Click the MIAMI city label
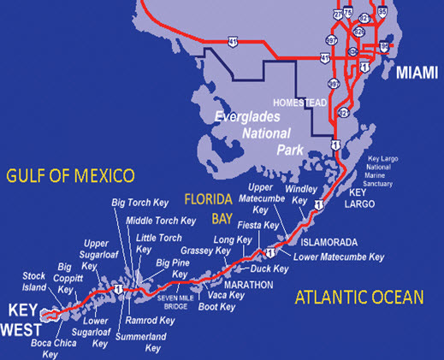[x=417, y=74]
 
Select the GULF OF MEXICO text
[x=70, y=176]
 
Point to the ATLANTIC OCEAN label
[x=359, y=297]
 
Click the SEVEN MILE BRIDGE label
[x=178, y=300]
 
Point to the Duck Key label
[x=269, y=269]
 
